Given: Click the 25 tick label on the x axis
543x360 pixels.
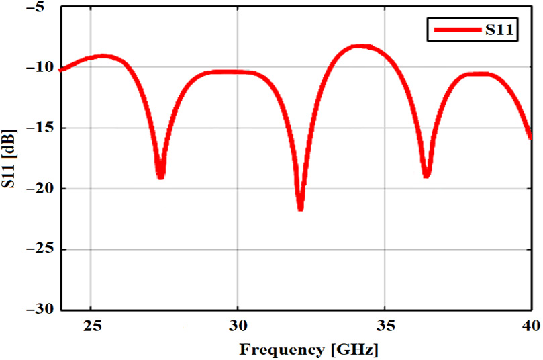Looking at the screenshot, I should pyautogui.click(x=93, y=326).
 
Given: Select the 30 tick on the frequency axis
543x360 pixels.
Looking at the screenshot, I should pyautogui.click(x=238, y=326).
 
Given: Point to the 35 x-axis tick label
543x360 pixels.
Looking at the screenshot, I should pyautogui.click(x=384, y=326).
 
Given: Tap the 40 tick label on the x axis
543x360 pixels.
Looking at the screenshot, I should pyautogui.click(x=530, y=326).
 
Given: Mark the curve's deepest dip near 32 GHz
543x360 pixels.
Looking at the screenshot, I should pyautogui.click(x=301, y=208).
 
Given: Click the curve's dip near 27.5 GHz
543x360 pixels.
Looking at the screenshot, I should pyautogui.click(x=160, y=177).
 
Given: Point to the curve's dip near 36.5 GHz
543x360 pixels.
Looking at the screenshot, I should pyautogui.click(x=426, y=175).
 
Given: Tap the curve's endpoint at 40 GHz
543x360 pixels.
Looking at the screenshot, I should pyautogui.click(x=530, y=136).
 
